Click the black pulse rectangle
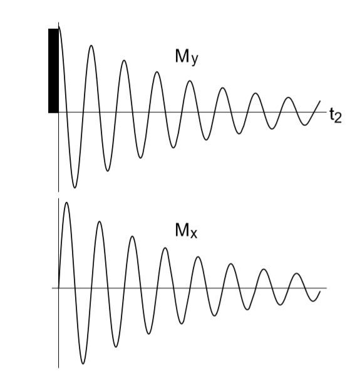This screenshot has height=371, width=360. click(53, 71)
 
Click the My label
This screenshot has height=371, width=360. click(187, 57)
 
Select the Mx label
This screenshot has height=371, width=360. click(186, 230)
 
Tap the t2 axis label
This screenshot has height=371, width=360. click(336, 116)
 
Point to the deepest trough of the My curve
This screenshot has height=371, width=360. click(75, 188)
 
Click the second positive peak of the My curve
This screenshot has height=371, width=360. click(91, 46)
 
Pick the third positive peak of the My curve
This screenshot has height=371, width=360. click(124, 61)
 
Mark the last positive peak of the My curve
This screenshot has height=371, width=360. click(289, 97)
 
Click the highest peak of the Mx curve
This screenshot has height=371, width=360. click(67, 203)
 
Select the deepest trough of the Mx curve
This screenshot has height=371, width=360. click(83, 363)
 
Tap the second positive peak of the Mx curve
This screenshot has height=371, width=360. click(100, 221)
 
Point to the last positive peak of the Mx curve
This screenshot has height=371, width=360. click(297, 273)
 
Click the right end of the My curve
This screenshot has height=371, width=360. click(320, 101)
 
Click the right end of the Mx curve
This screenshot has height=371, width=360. click(320, 292)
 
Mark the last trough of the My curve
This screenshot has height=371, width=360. click(305, 125)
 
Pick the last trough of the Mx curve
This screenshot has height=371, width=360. click(313, 301)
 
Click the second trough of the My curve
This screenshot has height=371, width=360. click(108, 171)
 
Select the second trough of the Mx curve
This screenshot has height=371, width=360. click(116, 347)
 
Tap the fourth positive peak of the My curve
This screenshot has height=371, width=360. click(157, 72)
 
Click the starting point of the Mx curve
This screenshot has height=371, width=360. click(59, 288)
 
